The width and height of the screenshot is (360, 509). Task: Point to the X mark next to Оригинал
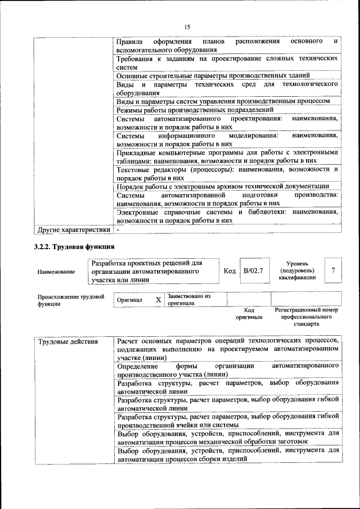point(158,300)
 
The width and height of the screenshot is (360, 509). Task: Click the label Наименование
point(56,272)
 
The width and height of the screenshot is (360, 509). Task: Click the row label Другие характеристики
point(74,230)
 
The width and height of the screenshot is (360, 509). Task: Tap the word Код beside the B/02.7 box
point(229,271)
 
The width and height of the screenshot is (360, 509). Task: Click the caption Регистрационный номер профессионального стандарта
point(306,317)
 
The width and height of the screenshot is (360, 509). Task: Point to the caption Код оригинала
point(249,313)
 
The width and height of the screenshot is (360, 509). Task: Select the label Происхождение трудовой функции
point(70,300)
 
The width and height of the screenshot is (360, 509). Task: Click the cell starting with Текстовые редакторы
point(227,173)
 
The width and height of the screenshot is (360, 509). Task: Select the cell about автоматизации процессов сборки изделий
point(227,455)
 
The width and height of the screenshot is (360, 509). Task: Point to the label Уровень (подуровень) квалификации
point(297,270)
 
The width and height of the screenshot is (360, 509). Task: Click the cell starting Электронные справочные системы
point(227,217)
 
